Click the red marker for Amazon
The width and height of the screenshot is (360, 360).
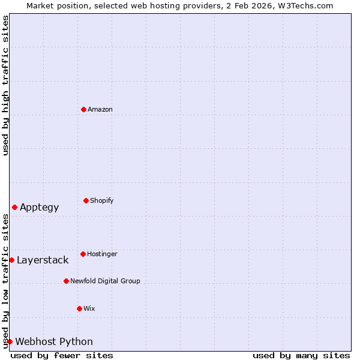(x=83, y=109)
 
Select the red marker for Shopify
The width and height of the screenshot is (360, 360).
(x=86, y=200)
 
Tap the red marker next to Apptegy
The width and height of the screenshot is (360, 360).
(x=14, y=207)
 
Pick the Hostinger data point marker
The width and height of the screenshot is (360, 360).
(x=83, y=254)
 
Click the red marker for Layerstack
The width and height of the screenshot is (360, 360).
(x=11, y=260)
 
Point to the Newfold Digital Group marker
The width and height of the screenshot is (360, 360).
(x=66, y=281)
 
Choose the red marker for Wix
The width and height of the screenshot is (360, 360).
(x=79, y=308)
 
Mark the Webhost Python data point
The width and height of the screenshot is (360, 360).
(x=10, y=341)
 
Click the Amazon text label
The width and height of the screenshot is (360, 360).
(x=100, y=109)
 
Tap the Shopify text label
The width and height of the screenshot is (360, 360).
(x=102, y=200)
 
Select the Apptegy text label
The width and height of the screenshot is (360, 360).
(x=39, y=208)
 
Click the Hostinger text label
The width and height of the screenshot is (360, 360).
(x=102, y=254)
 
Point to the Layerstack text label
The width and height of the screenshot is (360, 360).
(x=43, y=260)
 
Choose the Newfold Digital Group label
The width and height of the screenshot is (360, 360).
(x=105, y=281)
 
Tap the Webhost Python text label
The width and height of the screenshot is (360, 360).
(x=54, y=342)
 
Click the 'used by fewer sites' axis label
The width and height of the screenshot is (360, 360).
(x=62, y=356)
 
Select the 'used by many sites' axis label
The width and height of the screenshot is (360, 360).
(x=301, y=356)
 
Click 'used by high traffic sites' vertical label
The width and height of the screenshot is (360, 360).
(x=5, y=85)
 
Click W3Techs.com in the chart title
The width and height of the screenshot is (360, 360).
(x=307, y=5)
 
